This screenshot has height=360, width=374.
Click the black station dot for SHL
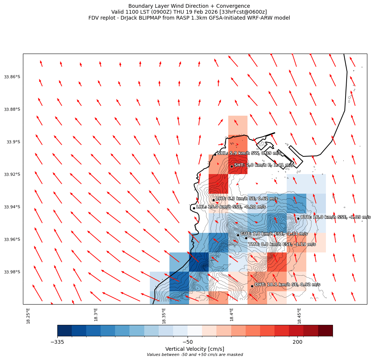[215, 154]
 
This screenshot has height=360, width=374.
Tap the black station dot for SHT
[232, 166]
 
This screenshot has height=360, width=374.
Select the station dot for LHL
[194, 208]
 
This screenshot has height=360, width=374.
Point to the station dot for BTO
[298, 218]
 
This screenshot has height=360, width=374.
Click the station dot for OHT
[252, 286]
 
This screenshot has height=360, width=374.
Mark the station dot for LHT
[213, 200]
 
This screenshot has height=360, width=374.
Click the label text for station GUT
[274, 234]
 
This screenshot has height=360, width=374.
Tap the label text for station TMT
[282, 244]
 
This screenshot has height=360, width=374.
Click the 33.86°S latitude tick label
[12, 77]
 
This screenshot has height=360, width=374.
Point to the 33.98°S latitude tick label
[12, 272]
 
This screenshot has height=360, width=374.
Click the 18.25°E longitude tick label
[28, 316]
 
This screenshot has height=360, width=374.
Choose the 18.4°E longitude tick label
[232, 315]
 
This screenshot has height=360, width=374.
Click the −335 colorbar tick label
[57, 342]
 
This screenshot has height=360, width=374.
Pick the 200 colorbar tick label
[297, 342]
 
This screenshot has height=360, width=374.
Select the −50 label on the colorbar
[188, 342]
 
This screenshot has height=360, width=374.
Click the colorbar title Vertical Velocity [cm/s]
[195, 349]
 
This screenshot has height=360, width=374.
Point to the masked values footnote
[195, 355]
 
